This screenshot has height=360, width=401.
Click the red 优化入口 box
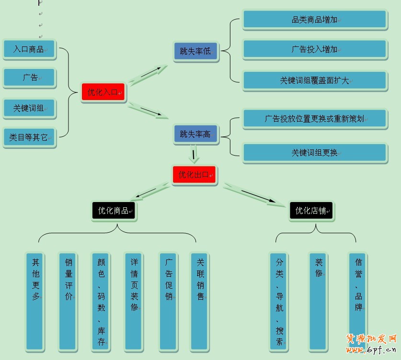pyautogui.click(x=103, y=92)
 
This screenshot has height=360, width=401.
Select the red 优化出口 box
pyautogui.click(x=194, y=175)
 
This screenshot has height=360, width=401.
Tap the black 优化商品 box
pyautogui.click(x=114, y=210)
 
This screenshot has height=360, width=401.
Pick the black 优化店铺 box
pyautogui.click(x=311, y=210)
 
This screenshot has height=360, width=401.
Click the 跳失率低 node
pyautogui.click(x=195, y=51)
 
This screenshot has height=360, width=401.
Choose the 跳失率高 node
pyautogui.click(x=195, y=134)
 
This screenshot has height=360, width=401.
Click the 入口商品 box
pyautogui.click(x=29, y=49)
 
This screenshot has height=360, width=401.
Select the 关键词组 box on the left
pyautogui.click(x=29, y=108)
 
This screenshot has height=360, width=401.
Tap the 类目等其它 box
pyautogui.click(x=29, y=137)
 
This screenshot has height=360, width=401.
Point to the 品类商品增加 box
pyautogui.click(x=314, y=20)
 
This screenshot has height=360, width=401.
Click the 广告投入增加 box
pyautogui.click(x=314, y=49)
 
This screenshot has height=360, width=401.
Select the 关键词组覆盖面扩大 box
pyautogui.click(x=314, y=80)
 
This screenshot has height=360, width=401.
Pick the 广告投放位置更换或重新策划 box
pyautogui.click(x=314, y=118)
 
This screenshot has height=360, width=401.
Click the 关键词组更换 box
pyautogui.click(x=314, y=153)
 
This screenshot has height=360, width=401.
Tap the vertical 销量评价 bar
pyautogui.click(x=68, y=301)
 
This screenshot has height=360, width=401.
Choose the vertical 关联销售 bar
pyautogui.click(x=200, y=301)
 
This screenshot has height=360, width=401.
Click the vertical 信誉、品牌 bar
pyautogui.click(x=357, y=301)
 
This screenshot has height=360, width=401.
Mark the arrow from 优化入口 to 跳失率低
pyautogui.click(x=149, y=75)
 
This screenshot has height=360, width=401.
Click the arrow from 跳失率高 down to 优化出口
pyautogui.click(x=194, y=155)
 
